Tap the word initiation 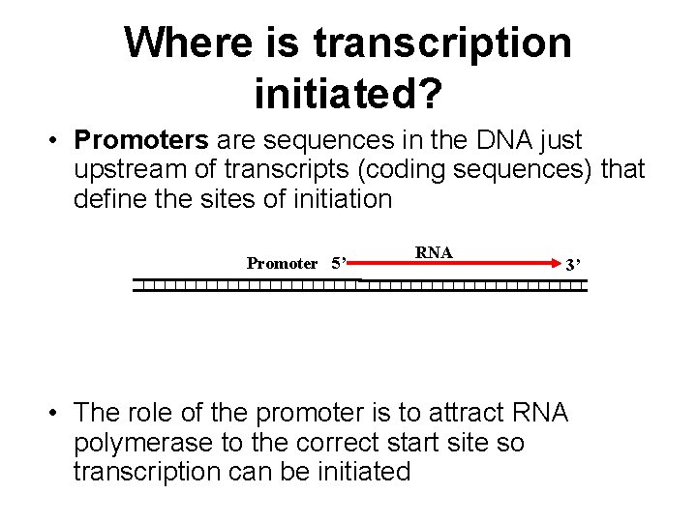[x=333, y=200]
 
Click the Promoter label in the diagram [x=282, y=263]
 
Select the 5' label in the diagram [x=340, y=263]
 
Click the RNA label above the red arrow [x=434, y=252]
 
